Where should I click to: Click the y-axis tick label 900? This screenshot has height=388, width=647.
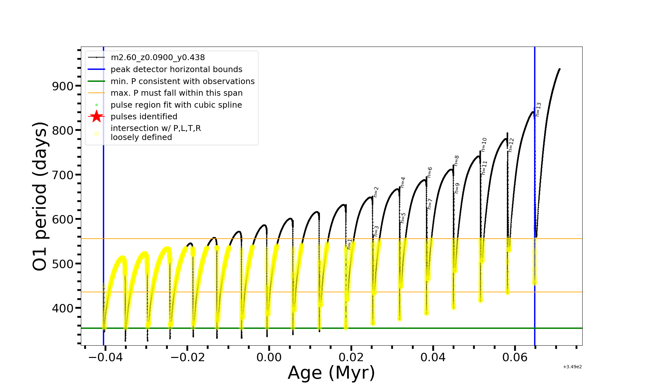click(62, 86)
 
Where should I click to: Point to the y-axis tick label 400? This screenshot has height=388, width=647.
click(62, 308)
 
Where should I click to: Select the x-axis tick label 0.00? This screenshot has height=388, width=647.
click(269, 357)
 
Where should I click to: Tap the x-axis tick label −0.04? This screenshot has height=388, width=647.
click(105, 357)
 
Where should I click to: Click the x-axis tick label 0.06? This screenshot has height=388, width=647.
click(515, 357)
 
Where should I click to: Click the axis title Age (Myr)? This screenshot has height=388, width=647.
click(331, 373)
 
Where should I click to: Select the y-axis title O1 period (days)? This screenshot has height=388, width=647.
click(40, 196)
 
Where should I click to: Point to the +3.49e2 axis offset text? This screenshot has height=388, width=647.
click(572, 367)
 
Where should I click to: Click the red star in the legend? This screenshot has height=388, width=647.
click(96, 116)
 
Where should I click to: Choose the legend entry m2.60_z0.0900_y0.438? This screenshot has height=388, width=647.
click(158, 58)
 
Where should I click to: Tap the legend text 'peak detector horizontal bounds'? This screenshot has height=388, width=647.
click(176, 70)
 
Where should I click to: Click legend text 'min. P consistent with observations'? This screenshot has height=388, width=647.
click(182, 81)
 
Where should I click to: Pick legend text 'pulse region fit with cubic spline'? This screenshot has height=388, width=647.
click(176, 105)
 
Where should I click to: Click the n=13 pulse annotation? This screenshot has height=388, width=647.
click(538, 109)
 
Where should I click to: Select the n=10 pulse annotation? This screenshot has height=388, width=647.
click(484, 145)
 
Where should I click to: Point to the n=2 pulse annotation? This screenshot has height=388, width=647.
click(376, 192)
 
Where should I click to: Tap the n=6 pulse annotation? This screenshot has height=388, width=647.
click(430, 172)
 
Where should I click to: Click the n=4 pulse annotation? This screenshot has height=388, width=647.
click(403, 182)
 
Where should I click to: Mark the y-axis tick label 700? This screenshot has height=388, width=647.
click(62, 175)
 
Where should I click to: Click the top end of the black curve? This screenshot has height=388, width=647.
click(559, 69)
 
